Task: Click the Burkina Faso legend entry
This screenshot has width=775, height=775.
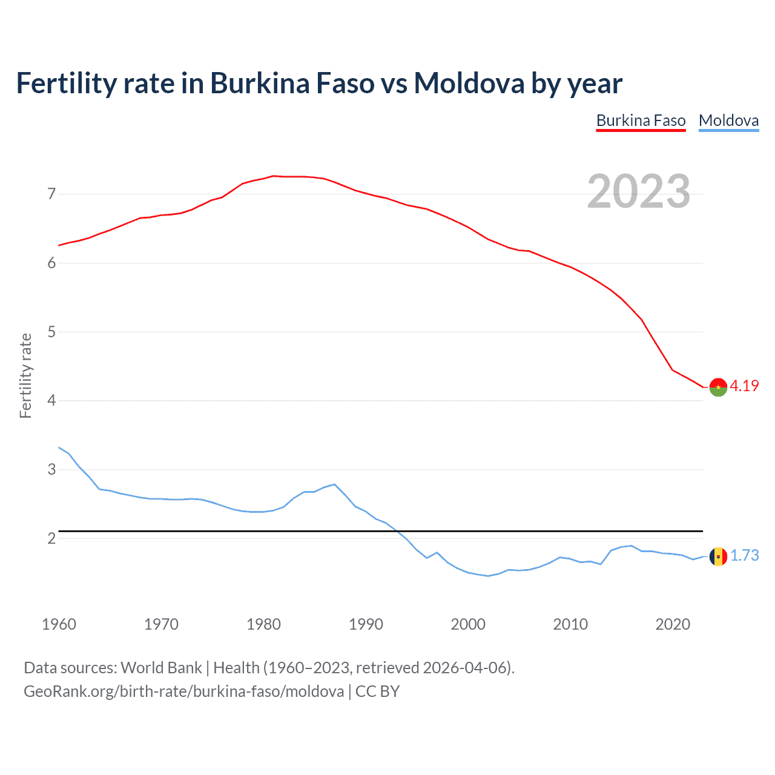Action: point(641,120)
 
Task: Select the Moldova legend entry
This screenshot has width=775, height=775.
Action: point(728,120)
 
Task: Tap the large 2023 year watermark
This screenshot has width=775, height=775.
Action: point(638,191)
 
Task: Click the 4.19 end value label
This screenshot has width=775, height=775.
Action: point(744,386)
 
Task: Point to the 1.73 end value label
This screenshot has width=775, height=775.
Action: point(744,555)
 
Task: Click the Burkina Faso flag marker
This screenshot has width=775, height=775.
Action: point(718,387)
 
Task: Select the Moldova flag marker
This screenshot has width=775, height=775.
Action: point(718,556)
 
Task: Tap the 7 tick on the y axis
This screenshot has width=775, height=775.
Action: point(51,194)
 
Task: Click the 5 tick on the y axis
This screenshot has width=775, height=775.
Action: point(51,332)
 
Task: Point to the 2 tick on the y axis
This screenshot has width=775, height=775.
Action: point(51,538)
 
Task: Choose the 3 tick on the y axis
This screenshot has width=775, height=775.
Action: point(51,469)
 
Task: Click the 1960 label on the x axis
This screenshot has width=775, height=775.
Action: point(59,624)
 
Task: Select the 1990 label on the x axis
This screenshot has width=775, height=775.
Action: point(366,624)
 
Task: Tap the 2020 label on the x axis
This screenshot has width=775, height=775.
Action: point(673,624)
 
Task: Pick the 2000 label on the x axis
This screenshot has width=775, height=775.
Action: point(468,624)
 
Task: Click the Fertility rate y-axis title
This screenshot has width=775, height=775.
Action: point(25,375)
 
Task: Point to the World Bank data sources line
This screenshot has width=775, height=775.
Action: point(269,668)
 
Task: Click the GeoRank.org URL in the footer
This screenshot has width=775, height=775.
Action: point(183,691)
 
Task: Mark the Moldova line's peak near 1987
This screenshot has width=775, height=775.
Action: point(334,484)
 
